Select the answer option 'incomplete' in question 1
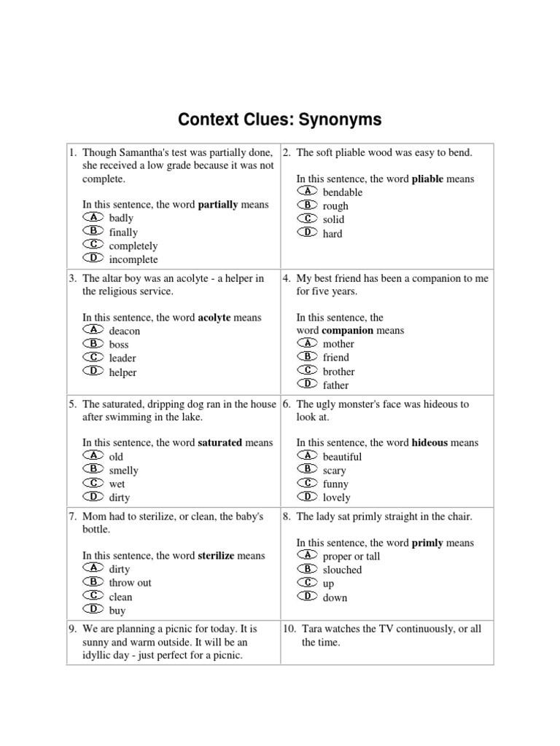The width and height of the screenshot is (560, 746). [x=133, y=259]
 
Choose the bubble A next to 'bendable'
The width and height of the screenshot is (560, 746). [x=308, y=192]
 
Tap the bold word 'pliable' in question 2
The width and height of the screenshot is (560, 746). [x=427, y=178]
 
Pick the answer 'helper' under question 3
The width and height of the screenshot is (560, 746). [x=122, y=372]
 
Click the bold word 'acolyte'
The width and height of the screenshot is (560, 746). [x=214, y=318]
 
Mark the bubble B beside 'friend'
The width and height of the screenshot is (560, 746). [x=308, y=357]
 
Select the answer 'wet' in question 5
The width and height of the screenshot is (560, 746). [x=117, y=484]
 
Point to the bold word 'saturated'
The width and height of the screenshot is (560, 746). [x=220, y=442]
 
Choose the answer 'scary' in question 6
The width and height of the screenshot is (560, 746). [x=335, y=471]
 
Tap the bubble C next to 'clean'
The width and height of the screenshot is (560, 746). [x=94, y=596]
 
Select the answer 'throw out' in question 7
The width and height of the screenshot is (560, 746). [x=131, y=583]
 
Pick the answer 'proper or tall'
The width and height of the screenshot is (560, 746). [x=351, y=557]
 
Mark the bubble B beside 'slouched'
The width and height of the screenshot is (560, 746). [x=308, y=570]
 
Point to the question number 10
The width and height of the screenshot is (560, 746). [x=290, y=629]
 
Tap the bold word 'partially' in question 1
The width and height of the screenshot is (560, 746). [x=218, y=205]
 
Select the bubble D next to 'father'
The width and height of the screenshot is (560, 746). [x=308, y=384]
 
